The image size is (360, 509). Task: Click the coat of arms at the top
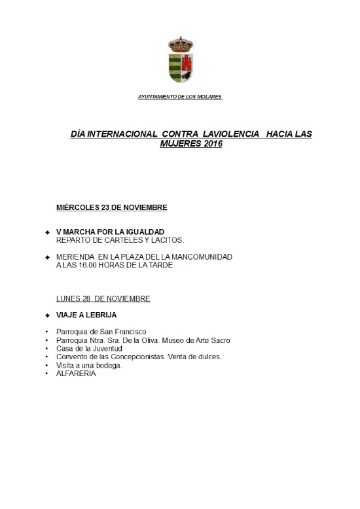coord(180,61)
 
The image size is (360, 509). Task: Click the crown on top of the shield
coord(180,43)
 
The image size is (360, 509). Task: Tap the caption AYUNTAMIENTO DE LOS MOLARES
coord(180,96)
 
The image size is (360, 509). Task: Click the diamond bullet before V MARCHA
coord(47,232)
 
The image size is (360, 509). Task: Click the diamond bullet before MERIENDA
coord(47,257)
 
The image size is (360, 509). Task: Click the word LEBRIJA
coord(100,315)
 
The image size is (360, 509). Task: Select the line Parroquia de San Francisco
coord(101,332)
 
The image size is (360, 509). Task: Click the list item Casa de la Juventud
coord(89,349)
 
